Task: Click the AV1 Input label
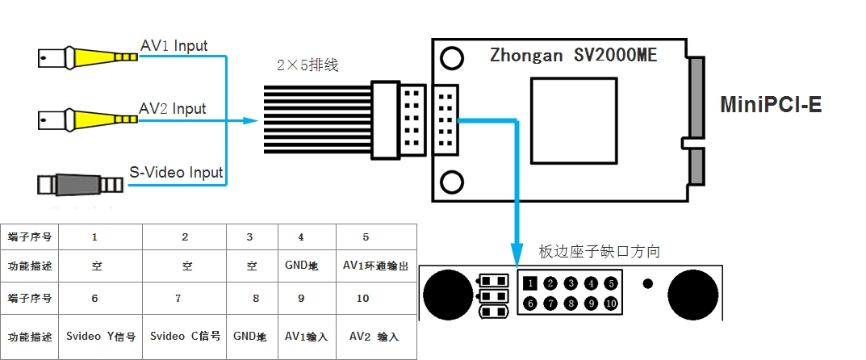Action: click(174, 46)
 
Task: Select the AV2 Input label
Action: click(173, 109)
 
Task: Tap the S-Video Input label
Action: click(176, 172)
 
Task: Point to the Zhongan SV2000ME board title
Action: click(573, 57)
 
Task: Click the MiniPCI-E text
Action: click(771, 104)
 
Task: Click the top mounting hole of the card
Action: click(452, 58)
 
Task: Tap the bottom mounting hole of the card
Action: click(452, 180)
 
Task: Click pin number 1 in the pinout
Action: click(529, 283)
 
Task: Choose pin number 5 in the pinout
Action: click(612, 283)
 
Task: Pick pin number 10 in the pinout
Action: click(612, 303)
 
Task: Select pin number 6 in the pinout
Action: click(529, 303)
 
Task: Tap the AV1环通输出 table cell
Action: click(375, 266)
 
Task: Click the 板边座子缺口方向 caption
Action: click(599, 252)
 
